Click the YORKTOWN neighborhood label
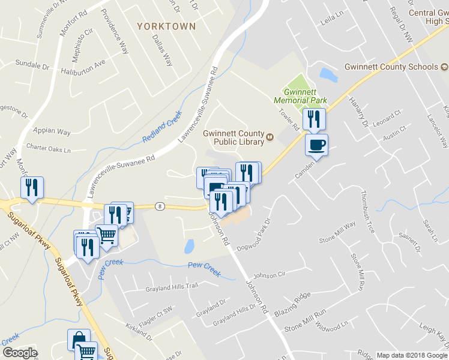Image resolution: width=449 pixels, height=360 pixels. point(166,26)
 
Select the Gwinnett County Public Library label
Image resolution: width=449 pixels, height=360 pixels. point(234,137)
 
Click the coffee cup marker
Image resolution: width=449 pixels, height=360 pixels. point(317,145)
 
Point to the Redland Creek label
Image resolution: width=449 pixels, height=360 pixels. point(161,127)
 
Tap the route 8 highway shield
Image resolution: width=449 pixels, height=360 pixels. point(159,206)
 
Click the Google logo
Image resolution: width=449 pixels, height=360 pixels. point(20,353)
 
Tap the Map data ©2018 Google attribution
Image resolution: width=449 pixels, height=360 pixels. point(412,355)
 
